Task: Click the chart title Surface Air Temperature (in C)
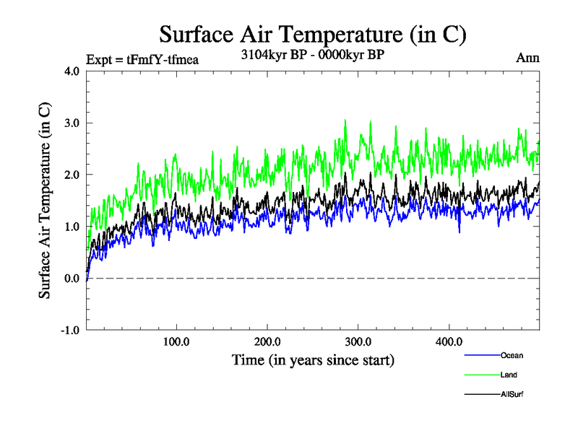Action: (312, 34)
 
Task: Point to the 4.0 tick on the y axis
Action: (72, 71)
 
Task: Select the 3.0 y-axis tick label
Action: (72, 123)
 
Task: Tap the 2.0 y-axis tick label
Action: (72, 175)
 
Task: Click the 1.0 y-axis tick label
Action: (72, 227)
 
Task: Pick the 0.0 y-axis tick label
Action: (72, 279)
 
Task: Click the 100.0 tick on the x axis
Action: (177, 341)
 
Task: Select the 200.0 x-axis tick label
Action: (267, 341)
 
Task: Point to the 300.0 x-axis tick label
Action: (358, 341)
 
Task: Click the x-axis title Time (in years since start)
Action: (313, 359)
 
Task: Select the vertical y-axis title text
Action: (45, 201)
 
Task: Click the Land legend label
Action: (509, 375)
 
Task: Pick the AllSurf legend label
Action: (512, 394)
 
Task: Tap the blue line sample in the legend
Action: (480, 355)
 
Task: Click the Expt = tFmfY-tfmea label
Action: (142, 59)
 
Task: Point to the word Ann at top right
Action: (528, 58)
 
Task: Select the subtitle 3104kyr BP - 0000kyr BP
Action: (312, 53)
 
